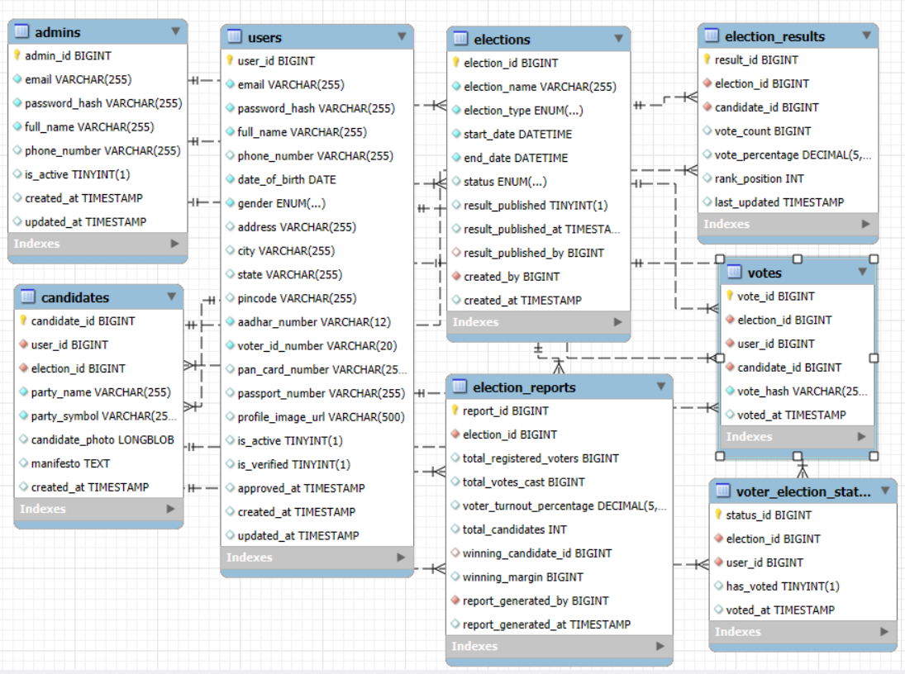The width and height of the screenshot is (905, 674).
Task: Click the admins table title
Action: (x=57, y=32)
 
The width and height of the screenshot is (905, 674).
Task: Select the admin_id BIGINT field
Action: (x=68, y=56)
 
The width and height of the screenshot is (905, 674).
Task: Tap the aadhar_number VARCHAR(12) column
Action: (x=314, y=322)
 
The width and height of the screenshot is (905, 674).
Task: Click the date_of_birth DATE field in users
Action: (x=286, y=179)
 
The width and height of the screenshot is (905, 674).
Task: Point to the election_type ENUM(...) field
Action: (x=523, y=111)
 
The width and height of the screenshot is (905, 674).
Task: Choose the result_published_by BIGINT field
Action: (x=533, y=253)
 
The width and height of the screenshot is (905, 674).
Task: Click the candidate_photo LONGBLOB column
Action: (x=102, y=440)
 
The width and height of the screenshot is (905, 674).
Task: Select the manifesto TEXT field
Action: (x=70, y=464)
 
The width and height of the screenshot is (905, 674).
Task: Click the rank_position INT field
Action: (x=759, y=178)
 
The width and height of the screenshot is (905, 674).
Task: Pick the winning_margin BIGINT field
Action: (x=522, y=577)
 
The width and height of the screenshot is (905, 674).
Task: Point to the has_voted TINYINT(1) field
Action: (x=782, y=586)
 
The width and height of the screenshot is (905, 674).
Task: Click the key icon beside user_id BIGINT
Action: (x=230, y=60)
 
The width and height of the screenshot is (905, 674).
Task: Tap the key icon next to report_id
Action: (x=455, y=411)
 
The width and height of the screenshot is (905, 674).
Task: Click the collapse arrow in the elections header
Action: (x=618, y=38)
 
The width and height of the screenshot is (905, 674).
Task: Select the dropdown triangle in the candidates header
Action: (x=172, y=297)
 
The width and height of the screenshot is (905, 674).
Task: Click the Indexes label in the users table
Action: (x=249, y=558)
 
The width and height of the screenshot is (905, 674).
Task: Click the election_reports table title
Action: (x=524, y=387)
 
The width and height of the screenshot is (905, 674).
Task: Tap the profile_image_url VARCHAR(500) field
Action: (x=321, y=417)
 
